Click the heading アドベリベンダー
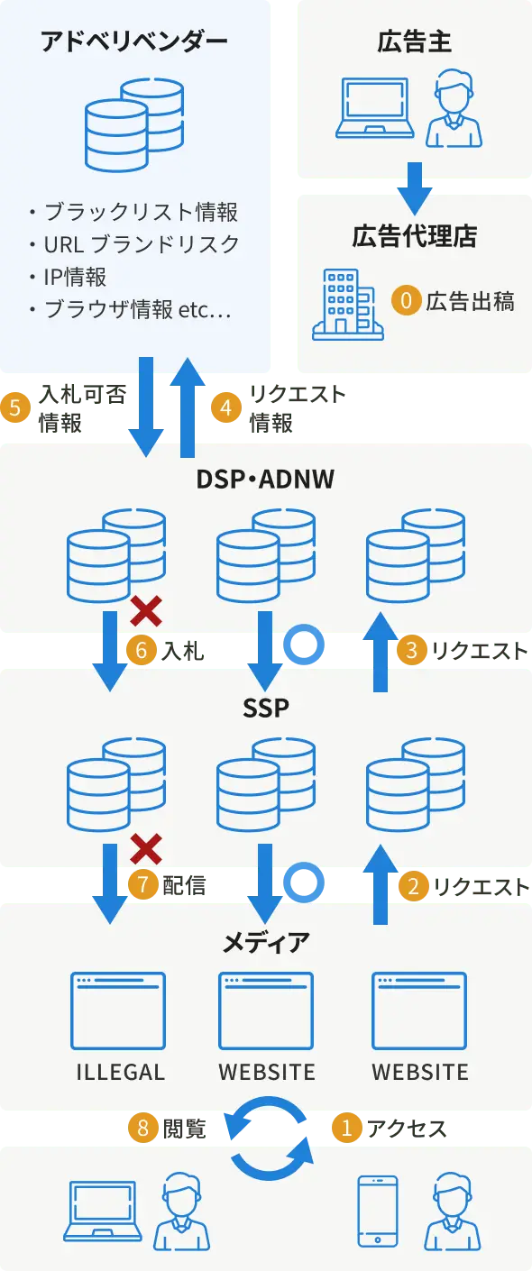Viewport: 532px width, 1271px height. pos(134,41)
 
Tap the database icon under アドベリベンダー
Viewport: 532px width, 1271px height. pos(134,123)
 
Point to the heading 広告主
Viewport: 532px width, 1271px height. pos(414,41)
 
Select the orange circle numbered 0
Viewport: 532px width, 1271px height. pos(406,300)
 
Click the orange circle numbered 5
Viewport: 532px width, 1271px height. pos(14,407)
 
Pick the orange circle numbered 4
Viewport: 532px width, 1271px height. pos(225,407)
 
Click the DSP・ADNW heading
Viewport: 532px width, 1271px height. pos(265,479)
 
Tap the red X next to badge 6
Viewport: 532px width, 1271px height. pos(146,610)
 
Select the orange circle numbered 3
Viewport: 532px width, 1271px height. pos(411,650)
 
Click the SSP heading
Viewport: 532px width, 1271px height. pos(265,709)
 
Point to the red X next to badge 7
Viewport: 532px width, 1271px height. pos(146,848)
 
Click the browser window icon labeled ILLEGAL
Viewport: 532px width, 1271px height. pos(118,1010)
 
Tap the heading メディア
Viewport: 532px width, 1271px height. pos(265,943)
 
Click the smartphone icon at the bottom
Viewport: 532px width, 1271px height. pos(378,1211)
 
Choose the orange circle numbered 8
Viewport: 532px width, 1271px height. pos(142,1127)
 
